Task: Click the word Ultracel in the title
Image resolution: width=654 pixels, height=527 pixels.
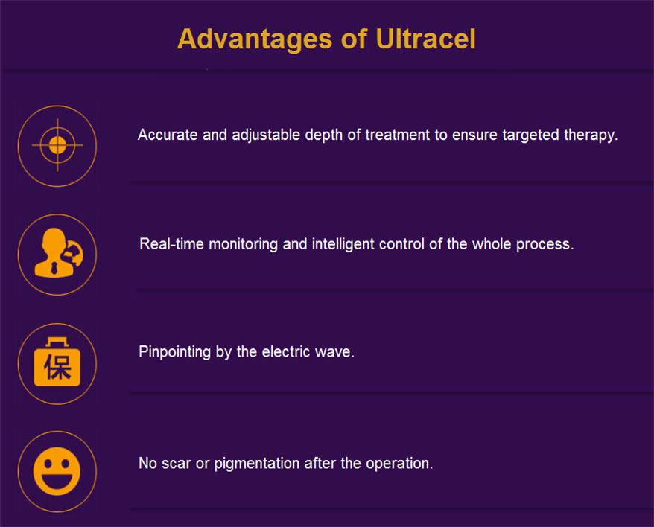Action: click(425, 39)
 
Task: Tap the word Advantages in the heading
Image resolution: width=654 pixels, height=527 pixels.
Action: click(255, 40)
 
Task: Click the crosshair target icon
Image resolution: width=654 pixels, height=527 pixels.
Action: click(57, 145)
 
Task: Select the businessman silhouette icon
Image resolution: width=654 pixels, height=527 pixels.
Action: click(59, 252)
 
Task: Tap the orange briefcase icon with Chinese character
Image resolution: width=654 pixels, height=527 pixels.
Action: click(57, 362)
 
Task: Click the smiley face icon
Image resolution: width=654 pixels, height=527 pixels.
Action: click(57, 471)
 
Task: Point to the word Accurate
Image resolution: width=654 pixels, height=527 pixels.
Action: click(168, 135)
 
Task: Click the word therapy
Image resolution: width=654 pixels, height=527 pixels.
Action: click(591, 135)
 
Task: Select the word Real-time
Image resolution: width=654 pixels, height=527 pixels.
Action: click(171, 244)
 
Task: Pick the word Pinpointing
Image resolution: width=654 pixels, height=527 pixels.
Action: click(175, 352)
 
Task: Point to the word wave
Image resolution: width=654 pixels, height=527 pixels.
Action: click(334, 353)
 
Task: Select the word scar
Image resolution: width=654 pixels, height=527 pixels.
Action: click(176, 464)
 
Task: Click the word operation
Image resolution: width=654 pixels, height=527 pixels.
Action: click(399, 464)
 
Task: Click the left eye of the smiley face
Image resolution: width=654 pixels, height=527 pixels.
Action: click(48, 463)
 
